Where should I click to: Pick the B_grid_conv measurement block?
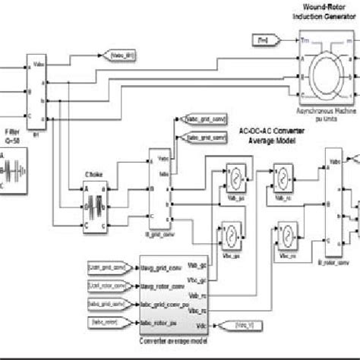(x=158, y=191)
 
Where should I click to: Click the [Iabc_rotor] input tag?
(x=109, y=324)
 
